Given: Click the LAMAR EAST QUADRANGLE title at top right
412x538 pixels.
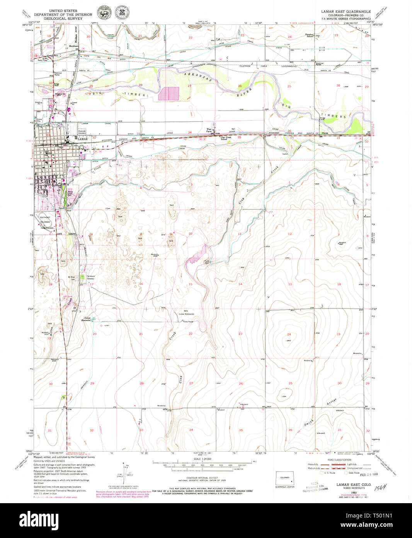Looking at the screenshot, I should pyautogui.click(x=346, y=12).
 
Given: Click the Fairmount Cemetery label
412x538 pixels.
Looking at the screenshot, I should pyautogui.click(x=90, y=278).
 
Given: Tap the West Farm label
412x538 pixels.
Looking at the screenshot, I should pyautogui.click(x=209, y=130).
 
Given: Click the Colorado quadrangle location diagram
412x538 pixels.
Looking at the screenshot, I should pyautogui.click(x=285, y=478).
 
